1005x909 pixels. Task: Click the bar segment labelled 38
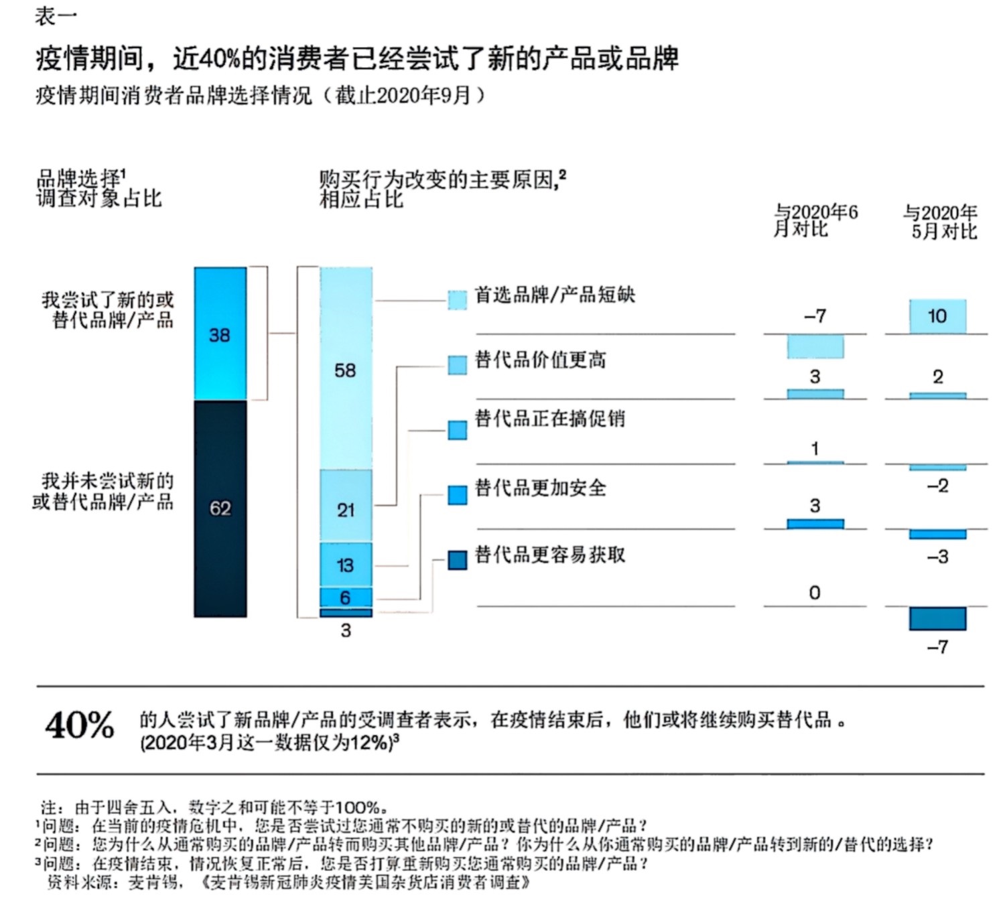pyautogui.click(x=220, y=334)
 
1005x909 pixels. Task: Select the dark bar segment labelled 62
pyautogui.click(x=220, y=508)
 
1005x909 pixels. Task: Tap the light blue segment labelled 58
pyautogui.click(x=346, y=369)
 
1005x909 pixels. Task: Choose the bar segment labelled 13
pyautogui.click(x=346, y=565)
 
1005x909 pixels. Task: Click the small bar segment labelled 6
pyautogui.click(x=346, y=597)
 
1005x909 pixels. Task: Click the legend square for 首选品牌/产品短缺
pyautogui.click(x=457, y=299)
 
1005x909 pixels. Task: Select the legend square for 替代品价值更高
pyautogui.click(x=457, y=364)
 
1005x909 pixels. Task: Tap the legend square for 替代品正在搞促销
pyautogui.click(x=457, y=429)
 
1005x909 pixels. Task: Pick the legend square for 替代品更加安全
pyautogui.click(x=457, y=494)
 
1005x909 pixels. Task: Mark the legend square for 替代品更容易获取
pyautogui.click(x=457, y=560)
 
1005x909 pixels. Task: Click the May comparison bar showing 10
pyautogui.click(x=937, y=316)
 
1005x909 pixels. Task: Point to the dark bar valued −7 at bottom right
pyautogui.click(x=937, y=618)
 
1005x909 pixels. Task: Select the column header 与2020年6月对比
pyautogui.click(x=815, y=220)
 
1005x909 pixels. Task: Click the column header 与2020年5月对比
pyautogui.click(x=939, y=222)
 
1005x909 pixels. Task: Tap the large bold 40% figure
pyautogui.click(x=80, y=725)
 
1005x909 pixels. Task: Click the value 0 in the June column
pyautogui.click(x=815, y=593)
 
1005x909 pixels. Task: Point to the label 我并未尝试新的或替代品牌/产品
pyautogui.click(x=104, y=491)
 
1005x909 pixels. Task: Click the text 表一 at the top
pyautogui.click(x=56, y=17)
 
